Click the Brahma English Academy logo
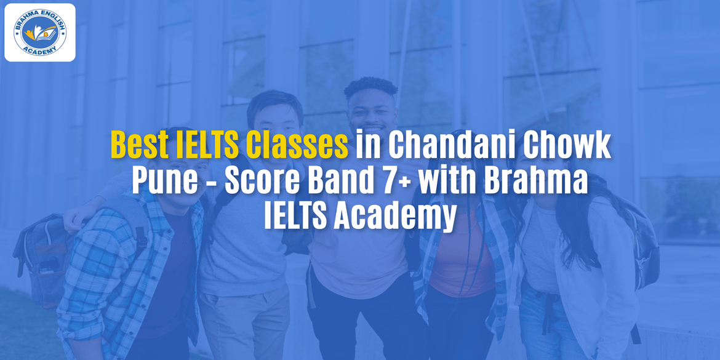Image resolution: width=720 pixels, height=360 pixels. [40, 32]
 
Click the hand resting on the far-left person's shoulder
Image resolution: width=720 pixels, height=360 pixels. [74, 218]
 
